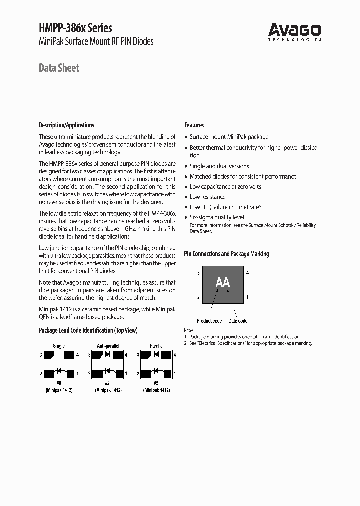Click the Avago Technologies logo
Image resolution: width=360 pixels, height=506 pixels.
294,31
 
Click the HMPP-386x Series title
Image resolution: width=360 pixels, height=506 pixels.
75,28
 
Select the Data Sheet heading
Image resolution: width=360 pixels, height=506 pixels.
59,68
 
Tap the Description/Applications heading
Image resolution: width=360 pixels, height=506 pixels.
66,125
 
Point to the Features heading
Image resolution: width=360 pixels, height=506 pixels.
194,125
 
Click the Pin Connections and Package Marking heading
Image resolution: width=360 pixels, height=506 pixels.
226,254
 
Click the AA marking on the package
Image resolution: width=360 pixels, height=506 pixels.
222,283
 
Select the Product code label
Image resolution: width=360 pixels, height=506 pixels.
209,321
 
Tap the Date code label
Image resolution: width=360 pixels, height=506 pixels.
238,321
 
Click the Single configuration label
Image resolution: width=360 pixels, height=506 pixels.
59,346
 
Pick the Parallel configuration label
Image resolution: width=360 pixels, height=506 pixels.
157,346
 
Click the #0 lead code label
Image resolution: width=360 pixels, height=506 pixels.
59,384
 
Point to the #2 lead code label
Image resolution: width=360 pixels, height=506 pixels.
108,384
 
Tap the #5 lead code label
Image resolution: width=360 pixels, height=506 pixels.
157,384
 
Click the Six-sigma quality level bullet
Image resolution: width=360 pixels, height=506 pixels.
217,217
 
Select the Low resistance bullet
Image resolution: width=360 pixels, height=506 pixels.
208,197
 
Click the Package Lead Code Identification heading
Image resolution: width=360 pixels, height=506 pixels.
88,330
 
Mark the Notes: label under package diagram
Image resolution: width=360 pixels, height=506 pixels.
189,331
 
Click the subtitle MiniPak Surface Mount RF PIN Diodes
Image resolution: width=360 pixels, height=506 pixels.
96,41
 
